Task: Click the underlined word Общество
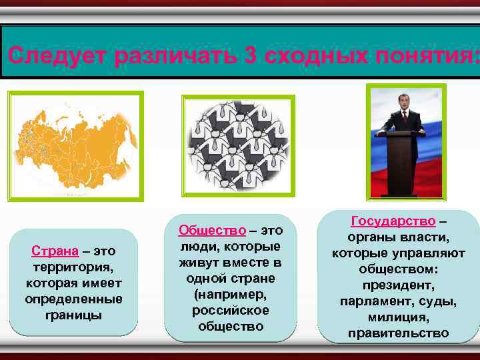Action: [x=211, y=230]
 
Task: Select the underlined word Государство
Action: [x=393, y=221]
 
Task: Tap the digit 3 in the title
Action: [x=251, y=55]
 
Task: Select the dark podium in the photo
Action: [x=403, y=163]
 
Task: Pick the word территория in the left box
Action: [x=74, y=267]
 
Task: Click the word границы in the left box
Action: [x=74, y=313]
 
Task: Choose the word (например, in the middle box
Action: [x=231, y=294]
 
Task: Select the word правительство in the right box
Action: [x=398, y=333]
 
